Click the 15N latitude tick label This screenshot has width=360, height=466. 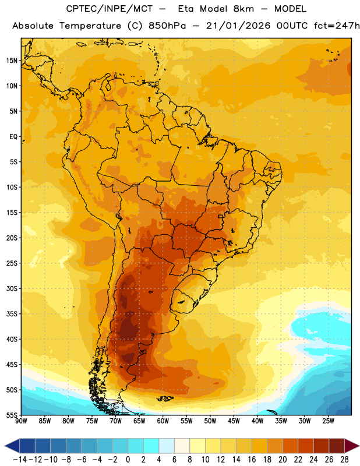pos(12,61)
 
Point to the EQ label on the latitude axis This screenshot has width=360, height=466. pos(13,137)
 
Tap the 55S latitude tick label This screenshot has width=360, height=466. pos(12,415)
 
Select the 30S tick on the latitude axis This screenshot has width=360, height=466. pos(12,288)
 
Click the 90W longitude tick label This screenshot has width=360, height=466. pos(22,421)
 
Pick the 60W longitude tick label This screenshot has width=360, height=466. pos(163,421)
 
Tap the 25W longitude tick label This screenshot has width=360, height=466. pos(328,421)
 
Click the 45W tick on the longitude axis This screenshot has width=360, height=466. pos(234,421)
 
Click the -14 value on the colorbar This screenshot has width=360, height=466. pos(20,460)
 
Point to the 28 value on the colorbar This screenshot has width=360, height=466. pos(344,460)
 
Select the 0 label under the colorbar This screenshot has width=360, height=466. pos(128,460)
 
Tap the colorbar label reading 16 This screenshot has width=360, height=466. pos(252,460)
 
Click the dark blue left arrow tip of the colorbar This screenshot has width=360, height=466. pos(5,446)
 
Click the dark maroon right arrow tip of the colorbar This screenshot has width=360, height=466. pos(358,446)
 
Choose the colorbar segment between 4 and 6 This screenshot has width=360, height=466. pos(167,446)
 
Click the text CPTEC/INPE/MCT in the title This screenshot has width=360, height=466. pos(109,9)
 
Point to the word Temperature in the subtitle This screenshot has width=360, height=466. pos(90,26)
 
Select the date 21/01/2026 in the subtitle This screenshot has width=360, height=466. pos(238,26)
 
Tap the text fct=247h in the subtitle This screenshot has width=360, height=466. pos(337,26)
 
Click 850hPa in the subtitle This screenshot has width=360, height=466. pos(167,26)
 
